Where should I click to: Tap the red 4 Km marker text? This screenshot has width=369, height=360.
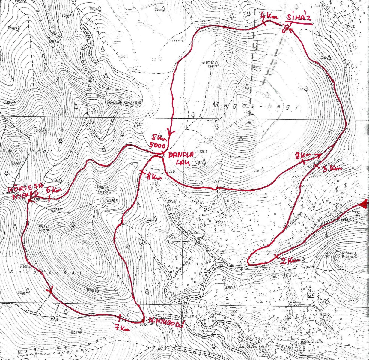(266, 15)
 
